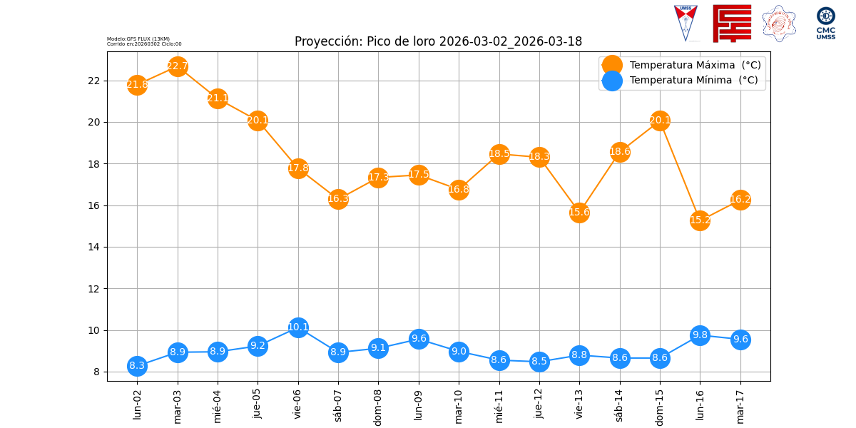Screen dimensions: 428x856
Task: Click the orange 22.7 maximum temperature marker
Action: point(178,66)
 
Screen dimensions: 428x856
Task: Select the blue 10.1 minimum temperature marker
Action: point(298,327)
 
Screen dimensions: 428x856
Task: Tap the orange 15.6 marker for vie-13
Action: point(579,212)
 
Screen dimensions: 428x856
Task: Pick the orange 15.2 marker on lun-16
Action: point(700,220)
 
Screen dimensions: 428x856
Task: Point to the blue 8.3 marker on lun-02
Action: point(137,366)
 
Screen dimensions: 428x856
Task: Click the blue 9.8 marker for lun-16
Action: point(700,335)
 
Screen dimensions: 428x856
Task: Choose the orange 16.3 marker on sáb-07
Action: point(338,199)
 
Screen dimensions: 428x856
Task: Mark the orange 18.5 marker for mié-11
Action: point(499,153)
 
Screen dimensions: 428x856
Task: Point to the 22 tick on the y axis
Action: point(93,81)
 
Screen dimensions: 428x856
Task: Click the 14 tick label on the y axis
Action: point(93,248)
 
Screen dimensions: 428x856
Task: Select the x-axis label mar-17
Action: point(740,404)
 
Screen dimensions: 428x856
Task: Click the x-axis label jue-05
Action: point(258,404)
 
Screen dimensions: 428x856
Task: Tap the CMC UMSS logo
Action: point(826,23)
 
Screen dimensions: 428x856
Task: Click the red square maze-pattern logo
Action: point(732,24)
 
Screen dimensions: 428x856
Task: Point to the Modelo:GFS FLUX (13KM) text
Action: point(138,39)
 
